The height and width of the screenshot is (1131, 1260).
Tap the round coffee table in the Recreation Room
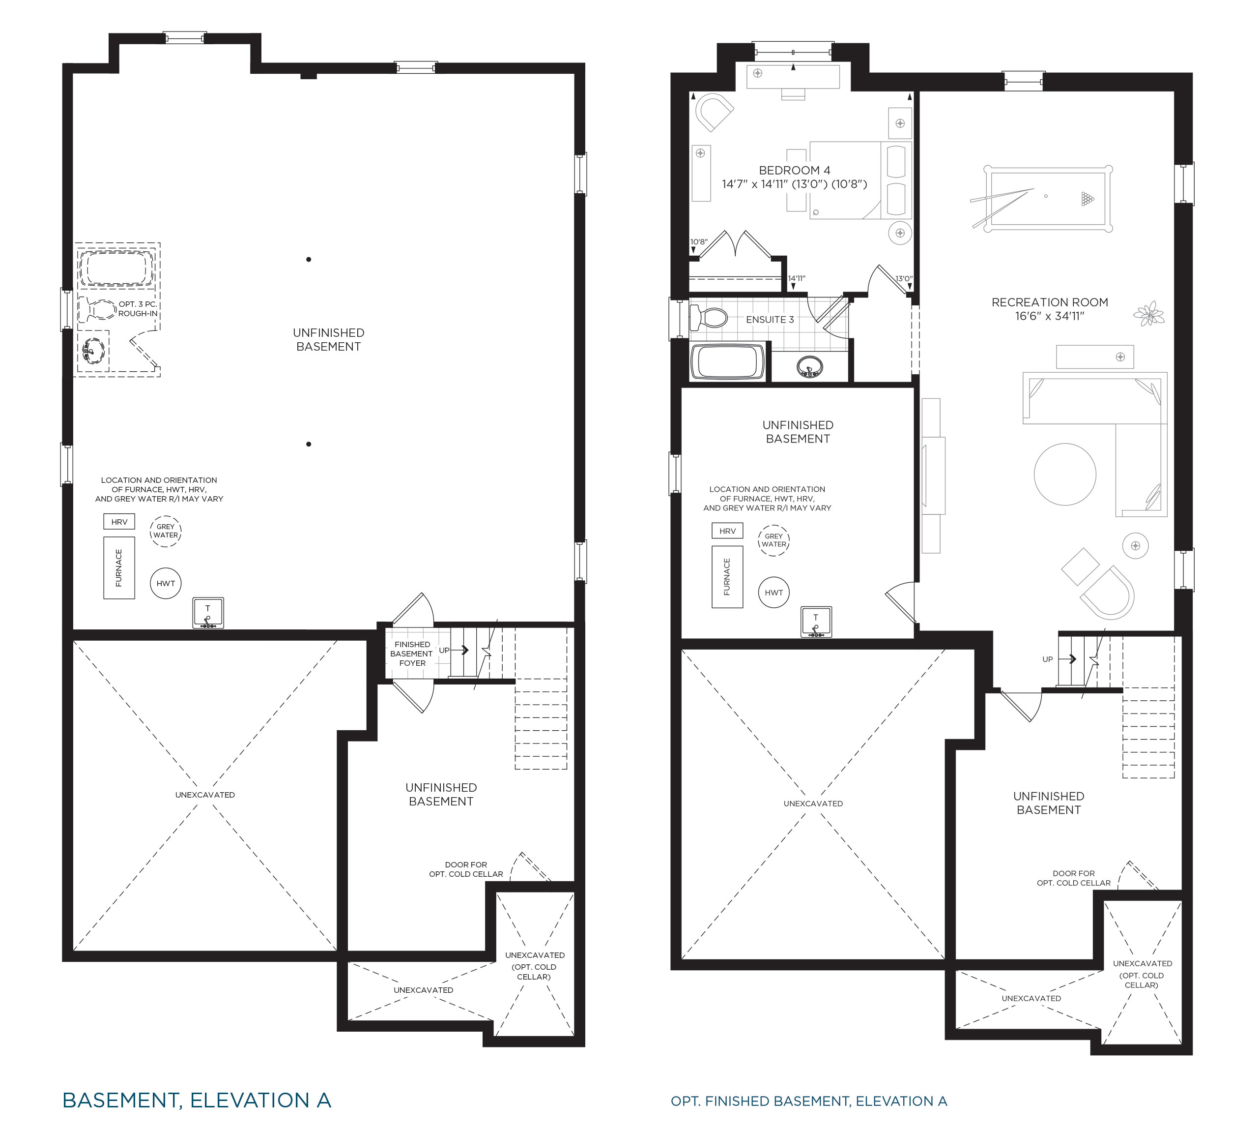[1065, 474]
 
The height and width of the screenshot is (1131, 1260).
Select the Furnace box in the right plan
[727, 577]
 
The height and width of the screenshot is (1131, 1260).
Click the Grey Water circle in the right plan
[774, 540]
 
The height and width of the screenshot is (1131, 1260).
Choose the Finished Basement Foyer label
[412, 654]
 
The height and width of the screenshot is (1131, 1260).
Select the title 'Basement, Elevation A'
[197, 1100]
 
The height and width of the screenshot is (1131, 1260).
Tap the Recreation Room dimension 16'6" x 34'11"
[1050, 316]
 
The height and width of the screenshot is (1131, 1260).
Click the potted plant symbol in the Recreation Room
[1149, 314]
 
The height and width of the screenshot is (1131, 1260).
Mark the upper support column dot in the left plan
[309, 259]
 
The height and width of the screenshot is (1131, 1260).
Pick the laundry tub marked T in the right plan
[816, 622]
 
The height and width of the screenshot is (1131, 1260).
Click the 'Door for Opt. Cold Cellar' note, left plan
[466, 869]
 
